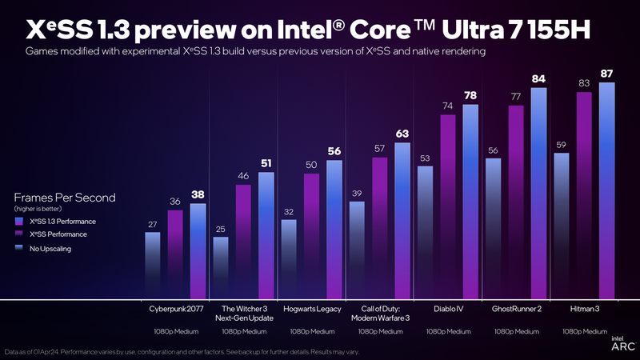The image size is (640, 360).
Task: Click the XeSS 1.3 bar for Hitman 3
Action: [607, 192]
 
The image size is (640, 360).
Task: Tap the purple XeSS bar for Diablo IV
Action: [448, 208]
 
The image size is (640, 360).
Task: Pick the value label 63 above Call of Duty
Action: [402, 134]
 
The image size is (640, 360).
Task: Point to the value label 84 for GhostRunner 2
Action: [538, 78]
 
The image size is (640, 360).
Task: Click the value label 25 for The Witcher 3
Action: [220, 229]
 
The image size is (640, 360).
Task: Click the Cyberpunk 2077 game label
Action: [175, 309]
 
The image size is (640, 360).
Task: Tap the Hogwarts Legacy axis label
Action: [312, 309]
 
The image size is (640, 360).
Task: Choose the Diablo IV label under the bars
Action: [448, 309]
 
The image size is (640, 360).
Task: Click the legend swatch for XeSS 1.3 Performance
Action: [18, 220]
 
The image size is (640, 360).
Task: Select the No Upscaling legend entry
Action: [53, 249]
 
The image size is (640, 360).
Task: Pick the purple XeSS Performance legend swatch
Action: [18, 234]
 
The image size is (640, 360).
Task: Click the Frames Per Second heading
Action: [65, 197]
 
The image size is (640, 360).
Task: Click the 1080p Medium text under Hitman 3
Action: [584, 331]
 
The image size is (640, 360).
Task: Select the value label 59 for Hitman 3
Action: [562, 145]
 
